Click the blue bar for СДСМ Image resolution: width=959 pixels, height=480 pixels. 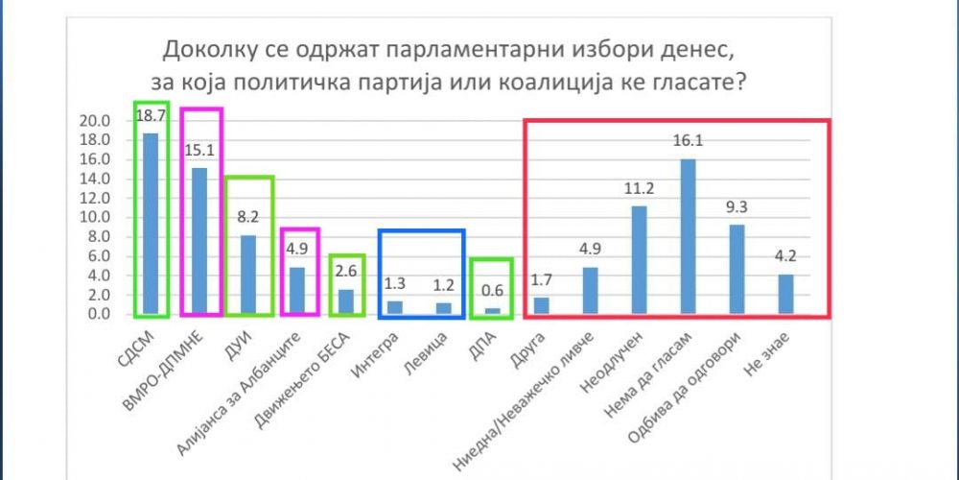coord(151,224)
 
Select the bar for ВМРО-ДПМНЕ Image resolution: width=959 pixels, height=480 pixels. coord(199,241)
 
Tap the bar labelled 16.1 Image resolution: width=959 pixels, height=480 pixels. coord(688,237)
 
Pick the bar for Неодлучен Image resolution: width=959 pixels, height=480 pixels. coord(639,260)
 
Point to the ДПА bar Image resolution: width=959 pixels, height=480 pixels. coord(492,311)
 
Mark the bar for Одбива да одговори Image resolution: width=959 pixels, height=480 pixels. coord(737,270)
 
